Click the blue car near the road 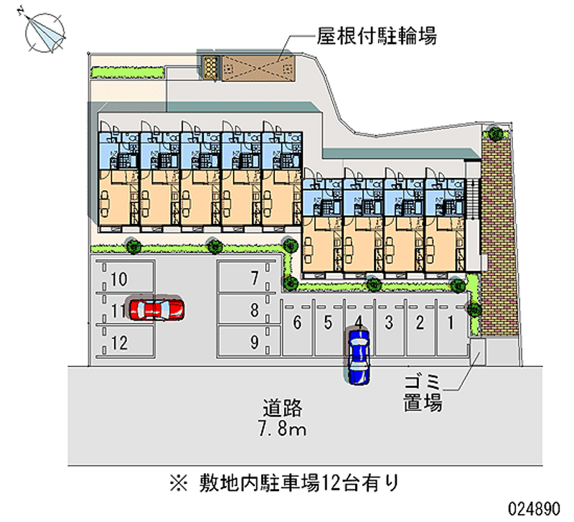pyautogui.click(x=358, y=355)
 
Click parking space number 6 pyautogui.click(x=296, y=322)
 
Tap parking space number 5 pyautogui.click(x=327, y=322)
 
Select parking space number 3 pyautogui.click(x=388, y=322)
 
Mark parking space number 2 pyautogui.click(x=419, y=322)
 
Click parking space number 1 pyautogui.click(x=450, y=322)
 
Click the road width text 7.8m pyautogui.click(x=282, y=430)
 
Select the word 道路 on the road pyautogui.click(x=282, y=410)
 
